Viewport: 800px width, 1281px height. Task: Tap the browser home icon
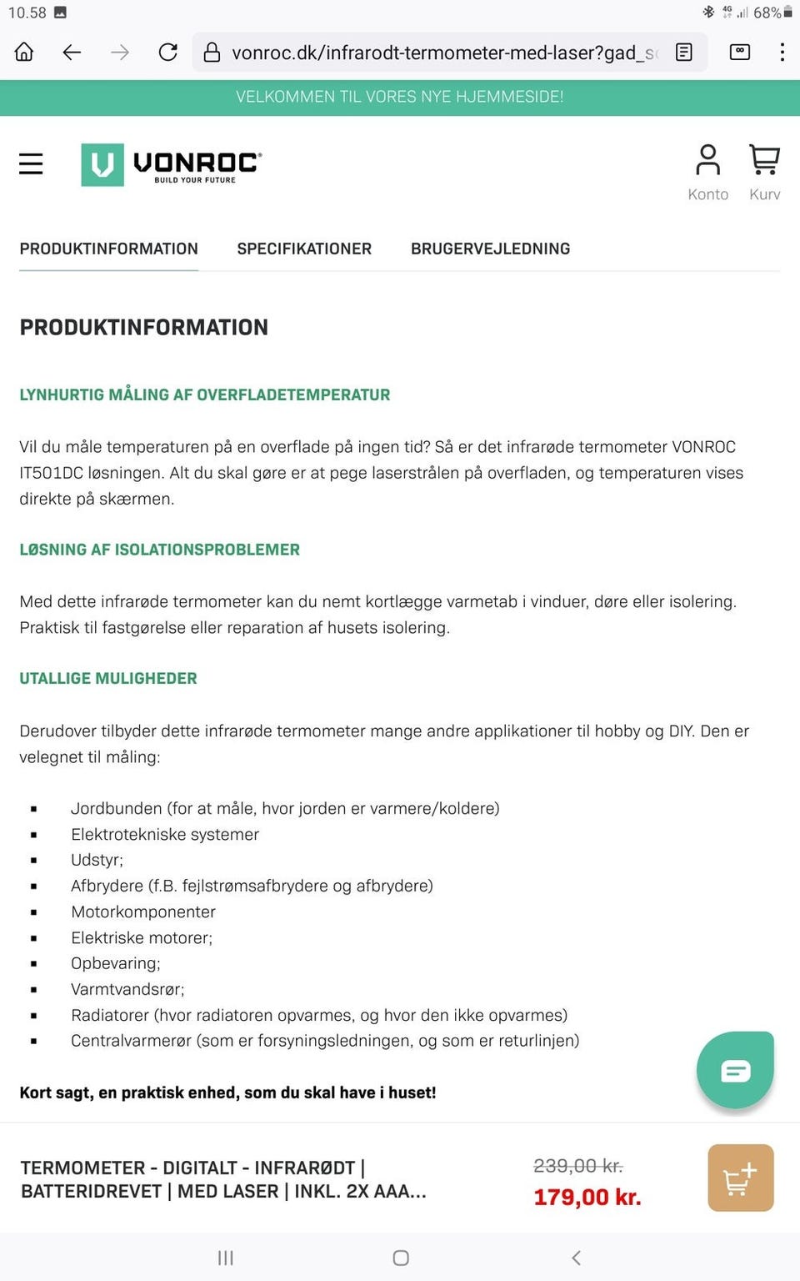24,53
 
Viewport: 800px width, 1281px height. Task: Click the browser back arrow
72,53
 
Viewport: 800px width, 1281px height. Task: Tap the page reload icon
168,53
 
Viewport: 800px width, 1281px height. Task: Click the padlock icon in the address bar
212,53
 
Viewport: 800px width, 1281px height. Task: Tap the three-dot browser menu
782,53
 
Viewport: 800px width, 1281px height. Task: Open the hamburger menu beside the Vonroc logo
31,163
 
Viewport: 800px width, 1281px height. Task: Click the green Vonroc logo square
102,164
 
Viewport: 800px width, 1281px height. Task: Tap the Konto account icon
707,161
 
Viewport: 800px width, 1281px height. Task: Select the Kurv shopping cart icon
764,161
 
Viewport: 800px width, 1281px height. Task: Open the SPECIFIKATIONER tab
304,249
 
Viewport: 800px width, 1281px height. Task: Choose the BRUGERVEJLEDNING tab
490,249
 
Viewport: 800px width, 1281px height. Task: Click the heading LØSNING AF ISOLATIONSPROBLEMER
160,550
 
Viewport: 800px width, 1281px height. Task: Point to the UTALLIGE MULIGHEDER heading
108,678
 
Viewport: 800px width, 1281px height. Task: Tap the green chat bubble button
735,1070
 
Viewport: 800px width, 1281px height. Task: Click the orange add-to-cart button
740,1178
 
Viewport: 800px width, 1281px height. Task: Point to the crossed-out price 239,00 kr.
578,1166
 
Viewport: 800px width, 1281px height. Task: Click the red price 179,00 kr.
587,1198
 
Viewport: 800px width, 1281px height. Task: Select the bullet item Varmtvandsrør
127,989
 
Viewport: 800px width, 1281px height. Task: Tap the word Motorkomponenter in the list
143,912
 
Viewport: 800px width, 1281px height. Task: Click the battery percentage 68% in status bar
767,13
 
